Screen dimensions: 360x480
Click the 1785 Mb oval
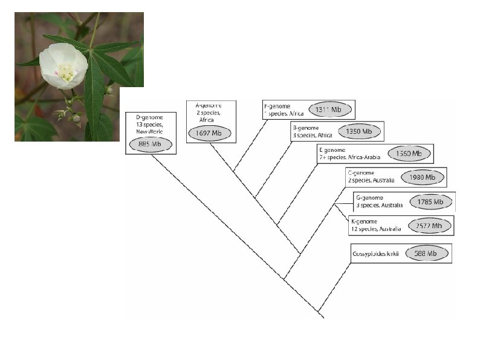[x=430, y=201]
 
